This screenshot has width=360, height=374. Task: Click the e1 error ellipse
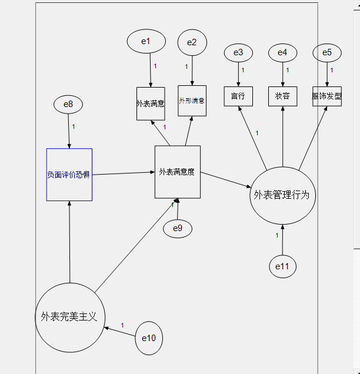pos(146,41)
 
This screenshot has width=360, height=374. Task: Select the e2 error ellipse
pos(192,42)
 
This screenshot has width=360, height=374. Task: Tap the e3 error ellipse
pos(238,53)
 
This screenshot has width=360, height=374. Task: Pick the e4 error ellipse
pos(283,53)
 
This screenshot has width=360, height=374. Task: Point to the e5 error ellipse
pos(327,53)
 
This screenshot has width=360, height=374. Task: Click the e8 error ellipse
pos(68,105)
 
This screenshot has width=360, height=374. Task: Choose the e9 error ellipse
pos(178,228)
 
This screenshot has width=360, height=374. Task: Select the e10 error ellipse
pos(149,338)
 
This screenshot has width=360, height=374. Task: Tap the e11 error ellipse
pos(283,267)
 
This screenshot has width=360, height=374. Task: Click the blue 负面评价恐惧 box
pos(69,175)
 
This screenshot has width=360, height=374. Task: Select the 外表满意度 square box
pos(178,172)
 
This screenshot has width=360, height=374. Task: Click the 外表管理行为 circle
pos(282,195)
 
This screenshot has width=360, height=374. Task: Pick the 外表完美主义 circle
pos(69,317)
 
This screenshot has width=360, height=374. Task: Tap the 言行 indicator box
pos(238,96)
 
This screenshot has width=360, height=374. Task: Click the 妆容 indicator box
pos(283,96)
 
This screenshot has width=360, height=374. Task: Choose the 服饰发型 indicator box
pos(327,96)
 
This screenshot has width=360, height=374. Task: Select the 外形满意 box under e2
pos(192,101)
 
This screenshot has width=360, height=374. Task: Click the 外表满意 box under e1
pos(151,103)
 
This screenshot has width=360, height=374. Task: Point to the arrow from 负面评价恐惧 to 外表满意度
pos(124,173)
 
